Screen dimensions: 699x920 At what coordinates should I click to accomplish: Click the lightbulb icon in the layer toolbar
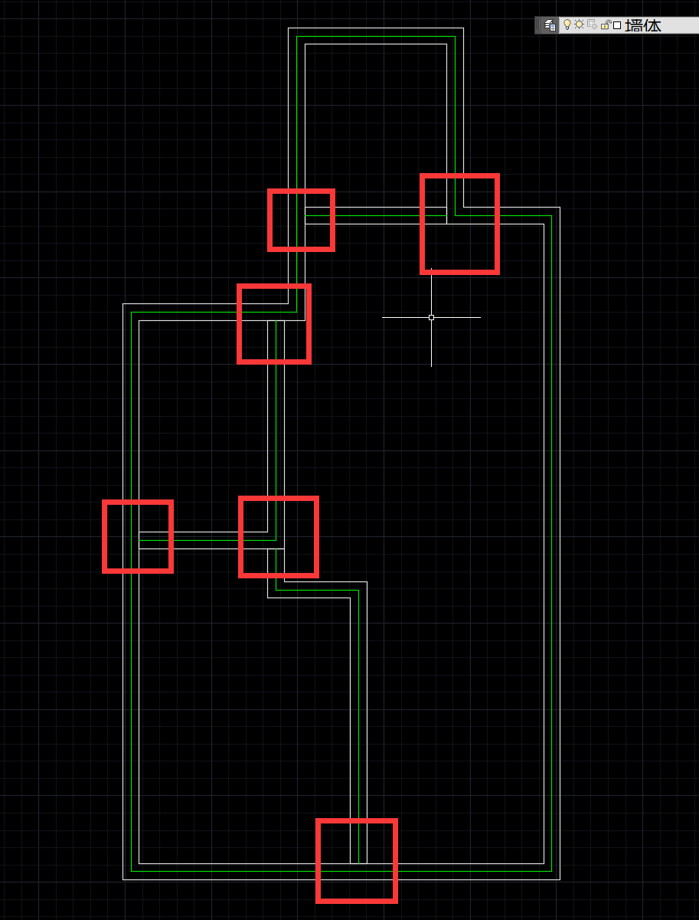[567, 25]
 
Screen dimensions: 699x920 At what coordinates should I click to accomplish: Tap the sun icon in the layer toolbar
[580, 25]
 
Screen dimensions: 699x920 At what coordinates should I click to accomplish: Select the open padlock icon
[605, 25]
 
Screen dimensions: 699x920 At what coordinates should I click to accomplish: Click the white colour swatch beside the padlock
[617, 25]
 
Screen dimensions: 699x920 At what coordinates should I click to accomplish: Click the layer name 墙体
[643, 25]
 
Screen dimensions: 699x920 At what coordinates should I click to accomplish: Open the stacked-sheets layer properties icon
[550, 25]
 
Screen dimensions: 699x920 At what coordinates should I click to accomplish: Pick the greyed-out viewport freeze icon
[592, 25]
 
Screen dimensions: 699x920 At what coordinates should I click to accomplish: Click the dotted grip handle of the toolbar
[537, 25]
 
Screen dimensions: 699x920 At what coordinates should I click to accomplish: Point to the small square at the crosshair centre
[431, 317]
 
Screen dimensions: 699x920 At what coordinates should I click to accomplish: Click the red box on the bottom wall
[357, 860]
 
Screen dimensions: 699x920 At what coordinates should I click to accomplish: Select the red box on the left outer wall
[138, 536]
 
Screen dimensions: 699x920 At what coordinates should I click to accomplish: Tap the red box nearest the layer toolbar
[459, 224]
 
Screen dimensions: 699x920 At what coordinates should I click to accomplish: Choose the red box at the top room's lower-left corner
[301, 220]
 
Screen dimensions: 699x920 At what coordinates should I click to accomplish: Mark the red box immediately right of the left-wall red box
[279, 536]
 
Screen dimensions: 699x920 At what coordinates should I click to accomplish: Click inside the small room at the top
[375, 123]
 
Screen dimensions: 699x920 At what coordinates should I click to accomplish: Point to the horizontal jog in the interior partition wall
[317, 590]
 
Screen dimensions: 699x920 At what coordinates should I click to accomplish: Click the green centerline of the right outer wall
[551, 536]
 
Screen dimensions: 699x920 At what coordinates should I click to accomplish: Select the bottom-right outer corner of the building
[560, 879]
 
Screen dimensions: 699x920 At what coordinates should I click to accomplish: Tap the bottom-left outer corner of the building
[123, 879]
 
